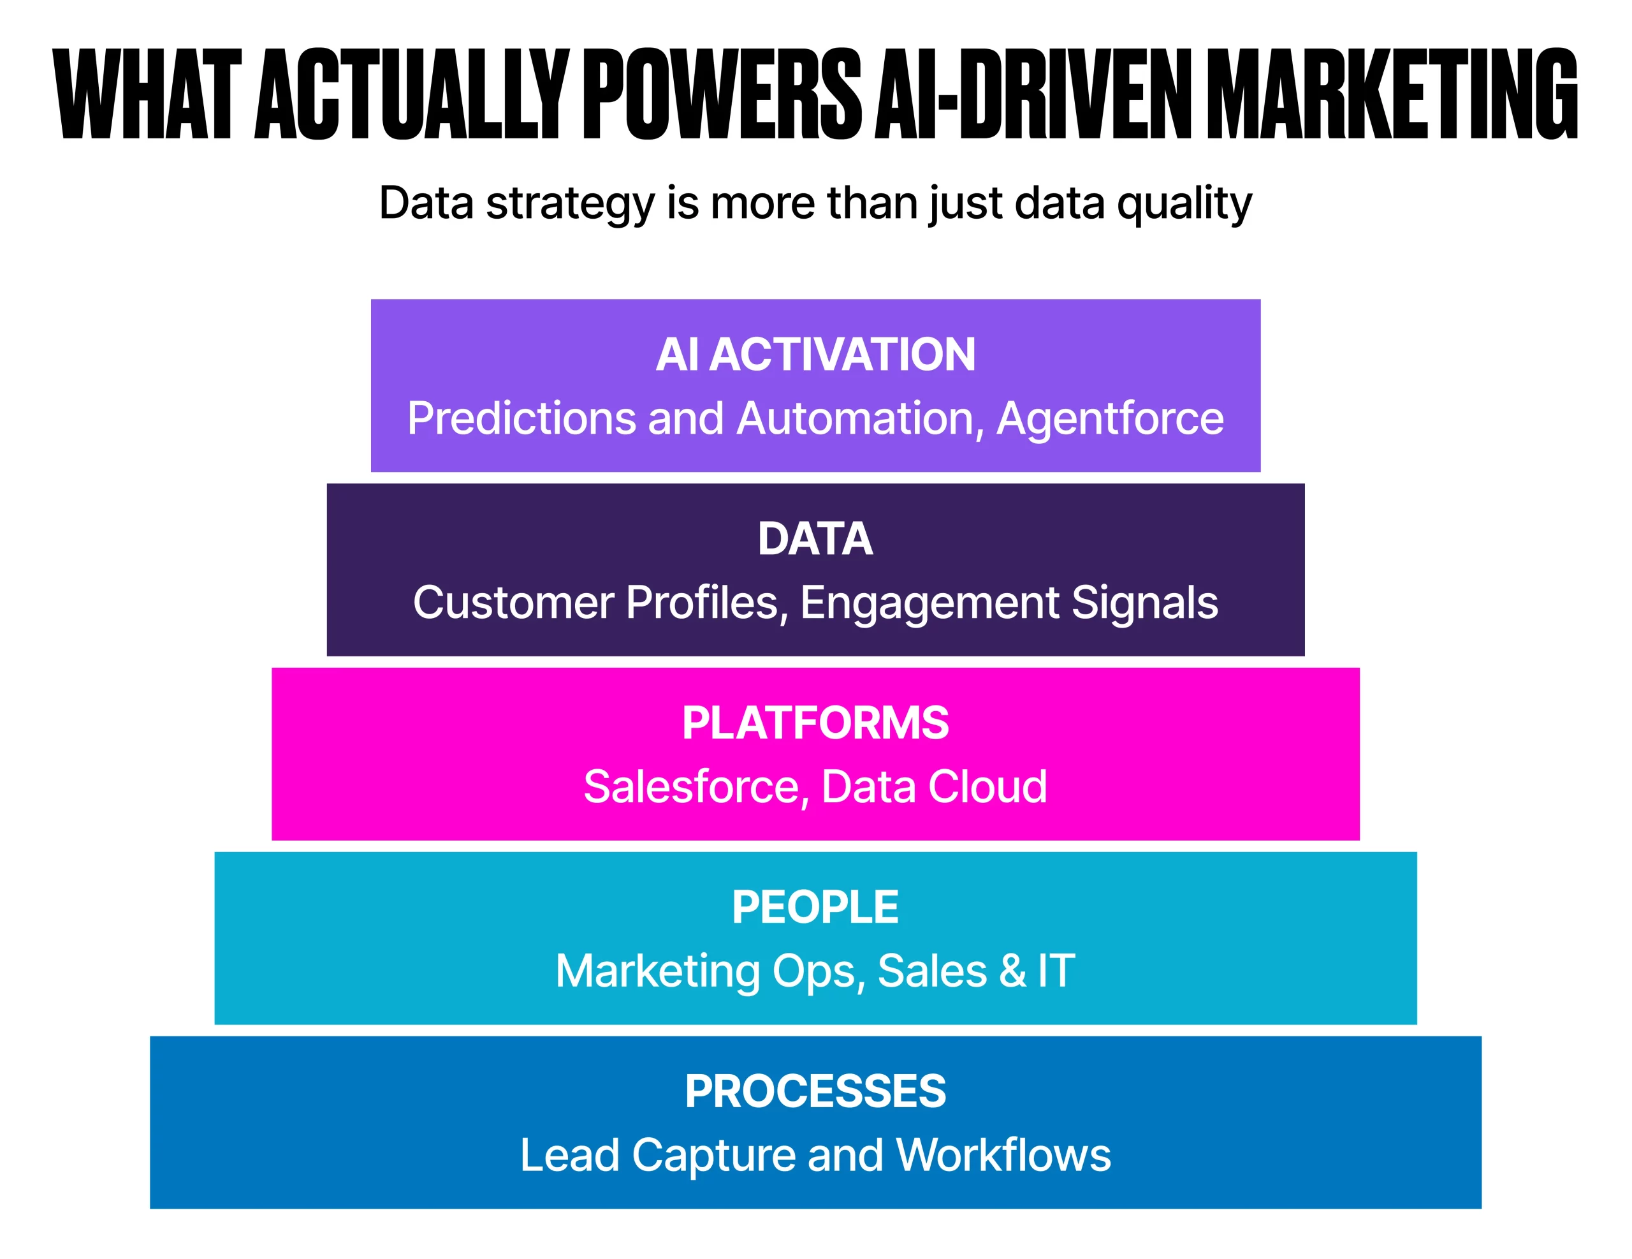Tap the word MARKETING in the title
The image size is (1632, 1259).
click(1393, 94)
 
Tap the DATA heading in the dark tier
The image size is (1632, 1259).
click(815, 538)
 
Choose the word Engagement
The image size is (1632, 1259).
click(929, 603)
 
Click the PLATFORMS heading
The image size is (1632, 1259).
click(815, 723)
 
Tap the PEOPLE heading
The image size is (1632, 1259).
click(815, 907)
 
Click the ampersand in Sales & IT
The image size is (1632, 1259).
click(1012, 971)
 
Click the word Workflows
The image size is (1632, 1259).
click(1003, 1155)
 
